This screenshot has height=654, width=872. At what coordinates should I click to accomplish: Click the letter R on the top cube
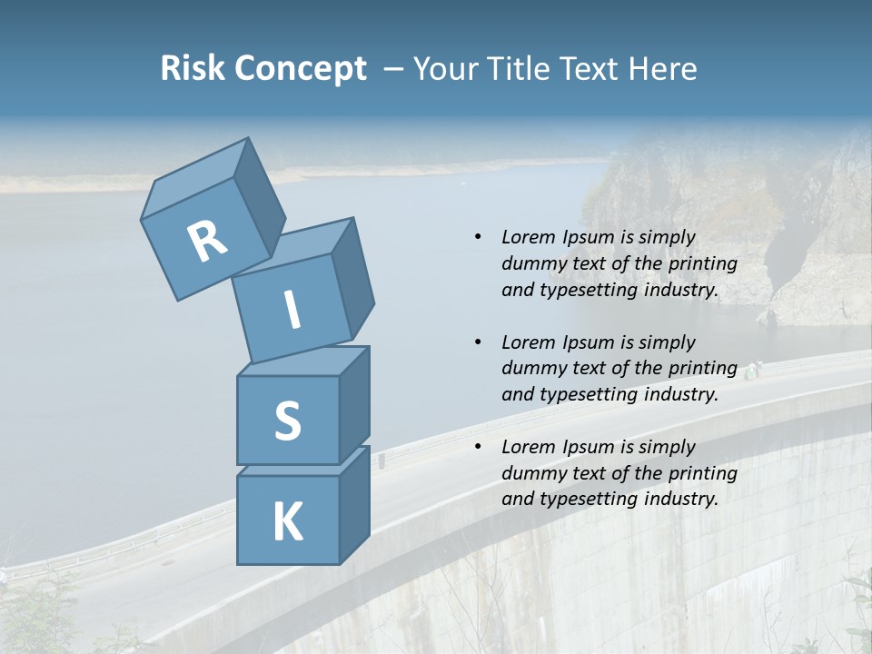tap(207, 242)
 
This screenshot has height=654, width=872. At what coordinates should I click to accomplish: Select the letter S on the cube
tap(287, 421)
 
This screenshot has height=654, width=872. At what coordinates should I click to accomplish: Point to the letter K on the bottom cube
tap(287, 522)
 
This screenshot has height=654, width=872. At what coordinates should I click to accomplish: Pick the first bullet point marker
tap(478, 237)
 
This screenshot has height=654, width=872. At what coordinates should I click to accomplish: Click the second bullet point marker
tap(478, 342)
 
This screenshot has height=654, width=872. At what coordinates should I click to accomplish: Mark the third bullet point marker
tap(478, 447)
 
